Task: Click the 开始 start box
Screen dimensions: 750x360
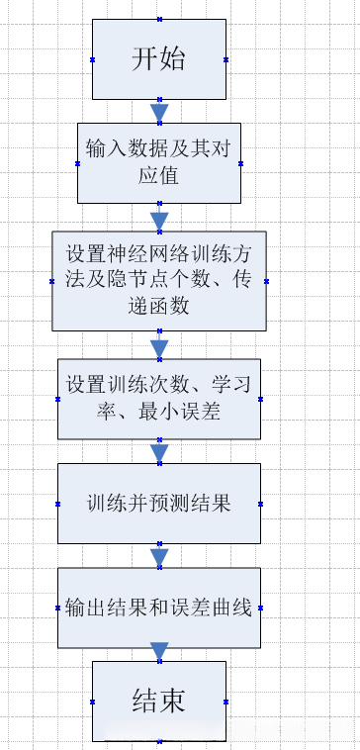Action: click(159, 59)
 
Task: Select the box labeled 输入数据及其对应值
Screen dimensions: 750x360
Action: click(159, 162)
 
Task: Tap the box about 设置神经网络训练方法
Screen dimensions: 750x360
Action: click(159, 280)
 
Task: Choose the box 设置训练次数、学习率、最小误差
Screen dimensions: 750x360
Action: click(159, 398)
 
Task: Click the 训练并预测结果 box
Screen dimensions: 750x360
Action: click(159, 503)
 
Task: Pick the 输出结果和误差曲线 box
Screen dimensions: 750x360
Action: click(159, 607)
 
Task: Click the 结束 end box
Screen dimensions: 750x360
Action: click(159, 701)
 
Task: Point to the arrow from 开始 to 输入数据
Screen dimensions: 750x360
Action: click(159, 111)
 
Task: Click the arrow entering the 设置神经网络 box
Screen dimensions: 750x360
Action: click(159, 219)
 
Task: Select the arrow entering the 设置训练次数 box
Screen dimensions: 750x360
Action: click(159, 346)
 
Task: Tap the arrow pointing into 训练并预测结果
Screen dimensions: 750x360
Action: click(159, 452)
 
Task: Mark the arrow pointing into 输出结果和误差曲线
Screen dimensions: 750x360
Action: click(159, 555)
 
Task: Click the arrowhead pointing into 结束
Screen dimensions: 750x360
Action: click(159, 651)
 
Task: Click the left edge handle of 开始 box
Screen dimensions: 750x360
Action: click(92, 59)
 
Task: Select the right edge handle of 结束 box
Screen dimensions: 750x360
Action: click(226, 701)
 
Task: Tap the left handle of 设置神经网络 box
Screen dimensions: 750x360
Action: click(52, 280)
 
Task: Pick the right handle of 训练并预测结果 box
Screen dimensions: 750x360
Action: click(261, 503)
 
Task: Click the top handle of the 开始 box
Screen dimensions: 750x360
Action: click(159, 20)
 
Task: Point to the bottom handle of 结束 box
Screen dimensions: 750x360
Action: click(159, 741)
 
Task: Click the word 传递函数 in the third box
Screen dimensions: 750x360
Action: click(233, 281)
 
